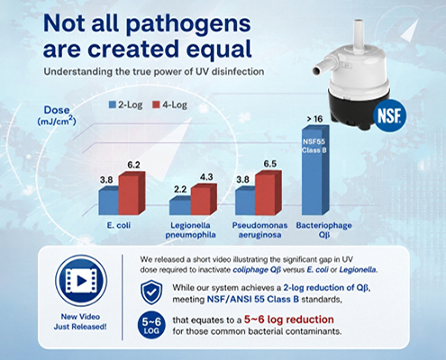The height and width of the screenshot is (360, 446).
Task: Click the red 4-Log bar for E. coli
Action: coord(132,193)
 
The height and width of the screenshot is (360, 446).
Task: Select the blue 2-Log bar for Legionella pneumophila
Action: coord(180,206)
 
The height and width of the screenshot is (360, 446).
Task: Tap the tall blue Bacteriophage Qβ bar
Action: coord(315,170)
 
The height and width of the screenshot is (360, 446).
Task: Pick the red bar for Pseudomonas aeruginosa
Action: coord(269,193)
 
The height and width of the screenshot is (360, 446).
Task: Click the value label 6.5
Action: coord(270,164)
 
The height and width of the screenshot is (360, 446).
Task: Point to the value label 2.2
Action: coord(180,189)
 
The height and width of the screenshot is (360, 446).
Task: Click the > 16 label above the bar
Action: coord(314,119)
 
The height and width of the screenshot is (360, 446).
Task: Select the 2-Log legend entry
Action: coord(125,104)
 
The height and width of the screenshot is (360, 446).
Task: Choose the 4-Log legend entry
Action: coord(169,104)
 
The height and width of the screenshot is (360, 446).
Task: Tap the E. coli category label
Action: coord(119,225)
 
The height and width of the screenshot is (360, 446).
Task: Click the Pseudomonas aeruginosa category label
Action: coord(259,229)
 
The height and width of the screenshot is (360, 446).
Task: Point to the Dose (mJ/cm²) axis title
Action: coord(57,115)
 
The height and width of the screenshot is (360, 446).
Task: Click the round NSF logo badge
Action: coord(389,116)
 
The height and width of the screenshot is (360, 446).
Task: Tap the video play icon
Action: coord(81,281)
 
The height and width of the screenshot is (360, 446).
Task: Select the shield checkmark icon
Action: coord(151,292)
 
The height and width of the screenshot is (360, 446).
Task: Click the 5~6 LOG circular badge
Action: coord(151,326)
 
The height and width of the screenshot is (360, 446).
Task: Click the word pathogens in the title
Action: coord(188,24)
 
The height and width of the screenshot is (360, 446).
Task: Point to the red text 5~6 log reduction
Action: coord(289,319)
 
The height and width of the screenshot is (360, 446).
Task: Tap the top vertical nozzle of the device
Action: coord(359,36)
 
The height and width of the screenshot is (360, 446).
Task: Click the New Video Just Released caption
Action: coord(80,321)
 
